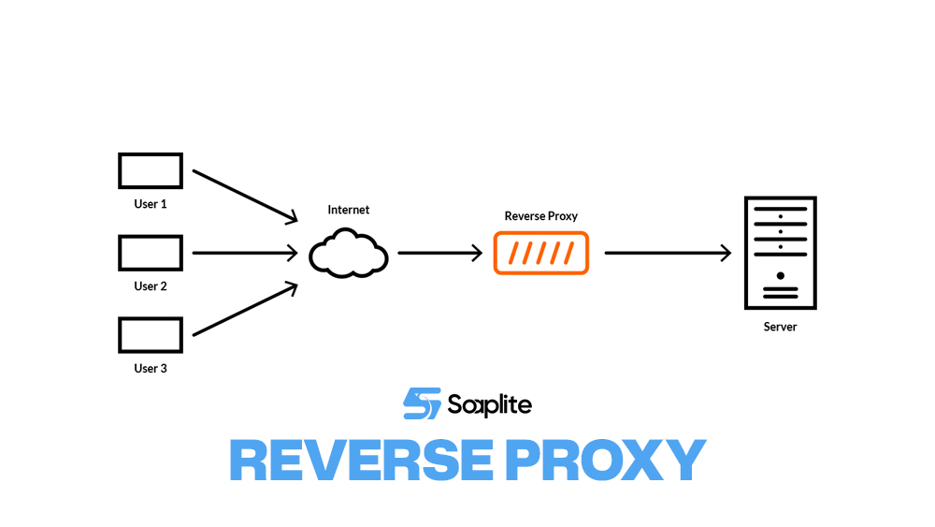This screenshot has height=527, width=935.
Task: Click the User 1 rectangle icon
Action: tap(151, 171)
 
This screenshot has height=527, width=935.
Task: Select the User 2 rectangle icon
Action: tap(151, 253)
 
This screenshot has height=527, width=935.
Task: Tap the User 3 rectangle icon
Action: tap(151, 335)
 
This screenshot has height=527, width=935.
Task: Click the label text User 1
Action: tap(151, 204)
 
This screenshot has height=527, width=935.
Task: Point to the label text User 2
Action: tap(151, 286)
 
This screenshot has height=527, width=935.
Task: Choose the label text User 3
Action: tap(151, 369)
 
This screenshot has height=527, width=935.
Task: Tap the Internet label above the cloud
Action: tap(349, 211)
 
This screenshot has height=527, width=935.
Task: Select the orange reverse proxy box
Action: tap(541, 253)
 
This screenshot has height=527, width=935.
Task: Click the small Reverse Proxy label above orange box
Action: tap(541, 216)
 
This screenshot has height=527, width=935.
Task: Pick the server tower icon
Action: tap(780, 253)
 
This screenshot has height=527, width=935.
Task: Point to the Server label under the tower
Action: tap(780, 328)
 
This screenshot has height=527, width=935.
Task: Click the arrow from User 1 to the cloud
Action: tap(244, 196)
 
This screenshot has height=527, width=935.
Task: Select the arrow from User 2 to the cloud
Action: tap(244, 253)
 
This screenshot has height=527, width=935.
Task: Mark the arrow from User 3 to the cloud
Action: tap(244, 310)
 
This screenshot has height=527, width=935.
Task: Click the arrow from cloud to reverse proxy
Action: tap(439, 253)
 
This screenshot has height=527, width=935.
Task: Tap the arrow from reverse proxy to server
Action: tap(668, 253)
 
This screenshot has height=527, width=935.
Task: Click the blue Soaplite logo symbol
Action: tap(421, 403)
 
